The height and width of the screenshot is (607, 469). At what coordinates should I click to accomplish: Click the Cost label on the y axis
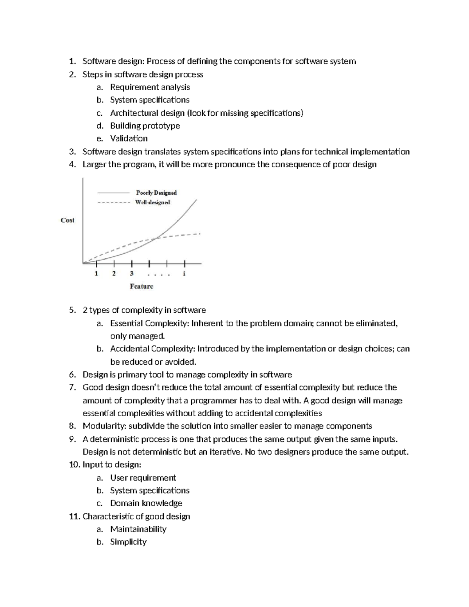(x=68, y=220)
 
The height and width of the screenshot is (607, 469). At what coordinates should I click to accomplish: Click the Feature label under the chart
(x=141, y=286)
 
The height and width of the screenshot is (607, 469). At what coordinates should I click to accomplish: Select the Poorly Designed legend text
(x=156, y=193)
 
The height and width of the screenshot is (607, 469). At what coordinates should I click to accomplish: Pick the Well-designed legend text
(x=153, y=202)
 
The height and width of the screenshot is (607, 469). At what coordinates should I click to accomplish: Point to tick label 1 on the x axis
(x=96, y=274)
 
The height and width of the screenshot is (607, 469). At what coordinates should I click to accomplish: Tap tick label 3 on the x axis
(x=132, y=274)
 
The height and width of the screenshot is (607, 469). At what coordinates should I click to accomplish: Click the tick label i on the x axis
(x=184, y=274)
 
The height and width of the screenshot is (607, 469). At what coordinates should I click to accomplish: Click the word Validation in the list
(x=129, y=138)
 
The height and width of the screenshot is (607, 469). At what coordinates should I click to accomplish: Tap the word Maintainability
(x=138, y=529)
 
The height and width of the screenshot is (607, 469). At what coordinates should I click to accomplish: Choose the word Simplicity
(x=128, y=542)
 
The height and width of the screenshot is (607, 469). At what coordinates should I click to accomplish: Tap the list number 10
(x=74, y=465)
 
